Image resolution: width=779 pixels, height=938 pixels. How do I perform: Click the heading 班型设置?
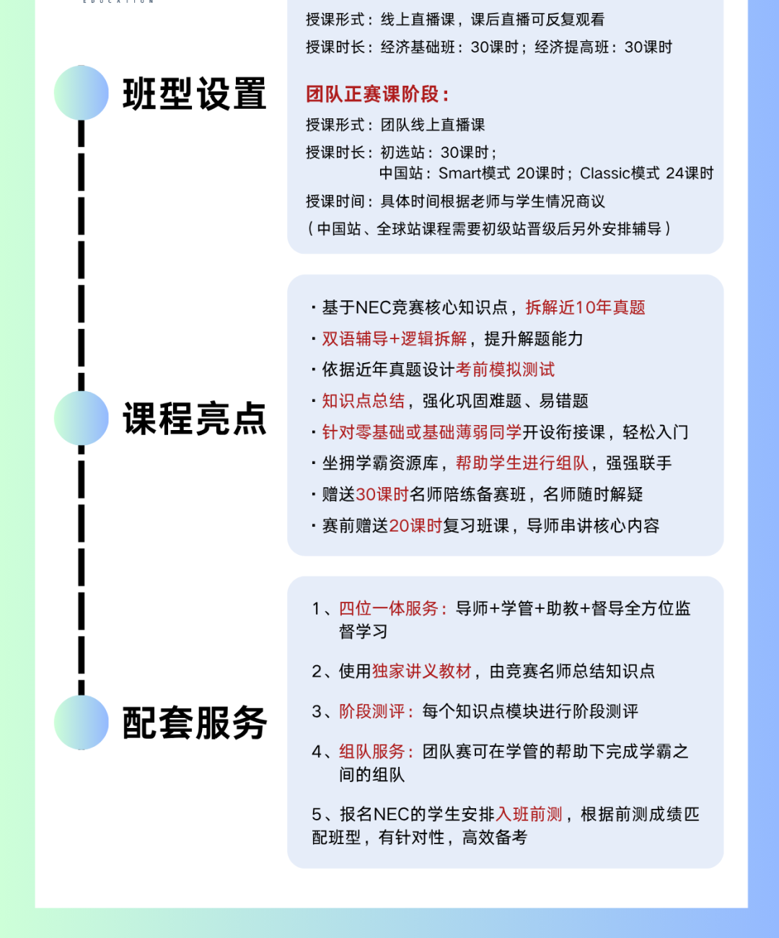tap(195, 94)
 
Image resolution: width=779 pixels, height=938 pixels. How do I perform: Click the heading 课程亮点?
tap(195, 418)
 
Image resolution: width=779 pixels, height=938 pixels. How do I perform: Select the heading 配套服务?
tap(195, 723)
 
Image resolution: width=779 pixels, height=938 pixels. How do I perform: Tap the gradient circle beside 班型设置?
tap(82, 93)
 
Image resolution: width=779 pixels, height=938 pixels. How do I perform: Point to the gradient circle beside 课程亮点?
tap(82, 418)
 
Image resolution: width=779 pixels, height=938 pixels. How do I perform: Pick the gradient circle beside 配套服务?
tap(82, 722)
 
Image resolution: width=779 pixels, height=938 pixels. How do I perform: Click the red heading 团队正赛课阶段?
tap(372, 95)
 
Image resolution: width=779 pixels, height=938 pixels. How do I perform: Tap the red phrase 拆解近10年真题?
tap(586, 307)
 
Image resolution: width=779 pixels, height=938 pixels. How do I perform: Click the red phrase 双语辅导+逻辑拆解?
tap(395, 338)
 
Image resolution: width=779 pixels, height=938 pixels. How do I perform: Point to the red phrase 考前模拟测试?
tap(505, 369)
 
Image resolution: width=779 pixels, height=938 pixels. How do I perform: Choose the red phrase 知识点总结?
tap(364, 400)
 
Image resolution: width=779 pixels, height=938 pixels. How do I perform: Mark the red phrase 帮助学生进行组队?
tap(522, 463)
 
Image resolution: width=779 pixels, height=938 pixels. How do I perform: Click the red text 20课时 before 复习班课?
tap(415, 525)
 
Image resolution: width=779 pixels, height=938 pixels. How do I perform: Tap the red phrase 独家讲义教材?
tap(422, 671)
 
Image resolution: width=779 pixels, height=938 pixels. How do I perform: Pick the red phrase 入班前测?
tap(529, 814)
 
